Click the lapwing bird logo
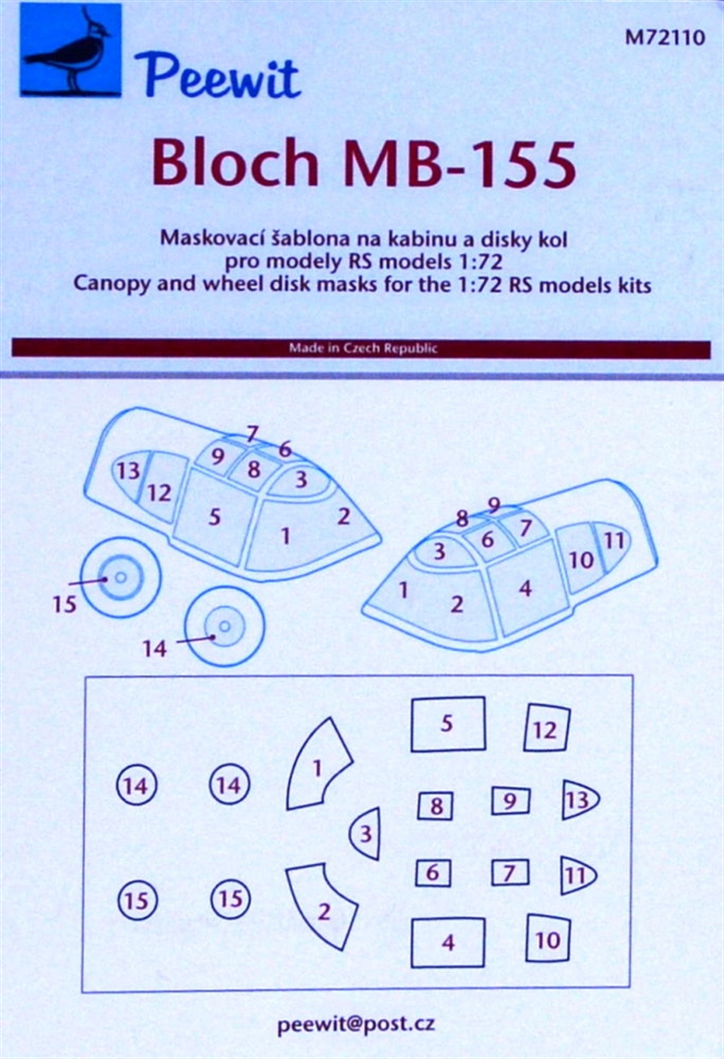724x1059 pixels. click(x=71, y=50)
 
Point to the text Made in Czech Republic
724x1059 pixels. click(x=363, y=348)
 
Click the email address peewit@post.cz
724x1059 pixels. click(x=356, y=1025)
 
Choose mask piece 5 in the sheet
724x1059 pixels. click(x=447, y=724)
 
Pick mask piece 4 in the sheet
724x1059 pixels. click(x=448, y=943)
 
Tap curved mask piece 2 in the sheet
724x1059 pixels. click(x=321, y=907)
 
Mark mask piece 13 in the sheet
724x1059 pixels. click(x=578, y=800)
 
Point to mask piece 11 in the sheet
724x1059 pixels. click(x=575, y=874)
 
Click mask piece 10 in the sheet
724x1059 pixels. click(x=547, y=940)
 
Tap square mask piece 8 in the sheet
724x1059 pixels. click(x=436, y=806)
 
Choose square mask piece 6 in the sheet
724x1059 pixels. click(x=432, y=872)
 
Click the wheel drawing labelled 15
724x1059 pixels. click(x=120, y=578)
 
